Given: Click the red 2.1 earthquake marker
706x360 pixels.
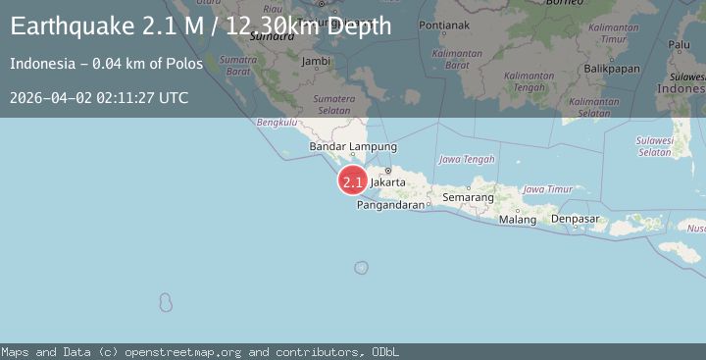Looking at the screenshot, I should (353, 181).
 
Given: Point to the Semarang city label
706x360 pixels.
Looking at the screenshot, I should (468, 197).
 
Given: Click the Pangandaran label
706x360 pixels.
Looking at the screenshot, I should (391, 205).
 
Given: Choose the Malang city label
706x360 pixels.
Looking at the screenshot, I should (518, 220).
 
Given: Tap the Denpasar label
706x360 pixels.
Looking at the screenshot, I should (575, 219).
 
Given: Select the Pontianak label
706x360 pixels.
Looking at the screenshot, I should (445, 25).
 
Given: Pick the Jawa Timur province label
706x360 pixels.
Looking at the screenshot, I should (547, 188).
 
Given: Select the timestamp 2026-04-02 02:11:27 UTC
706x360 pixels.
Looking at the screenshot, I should (99, 97).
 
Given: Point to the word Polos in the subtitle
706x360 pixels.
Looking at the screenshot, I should (186, 64).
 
